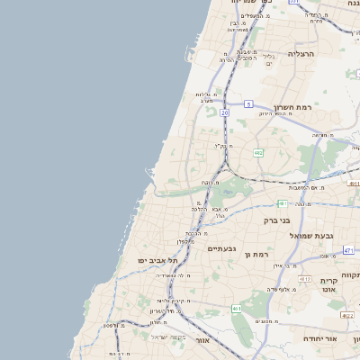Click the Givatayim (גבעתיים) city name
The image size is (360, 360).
point(220,248)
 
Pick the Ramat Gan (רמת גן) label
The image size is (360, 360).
point(257,255)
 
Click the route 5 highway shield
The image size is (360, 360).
point(247,104)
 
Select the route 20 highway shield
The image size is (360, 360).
point(225,113)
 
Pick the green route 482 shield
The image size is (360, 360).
point(258,154)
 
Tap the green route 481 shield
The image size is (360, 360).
point(282,203)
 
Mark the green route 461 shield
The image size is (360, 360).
point(237,309)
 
